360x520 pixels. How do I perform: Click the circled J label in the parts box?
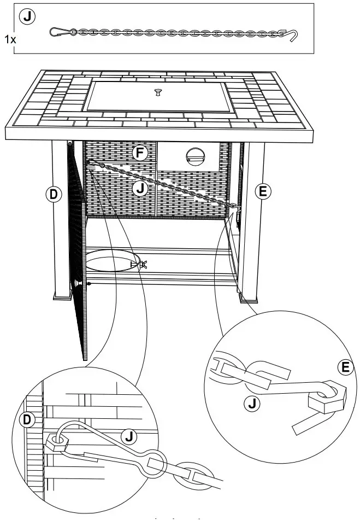pyautogui.click(x=27, y=17)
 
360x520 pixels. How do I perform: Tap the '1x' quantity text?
pyautogui.click(x=9, y=39)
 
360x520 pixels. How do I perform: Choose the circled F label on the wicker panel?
pyautogui.click(x=140, y=153)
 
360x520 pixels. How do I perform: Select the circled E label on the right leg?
pyautogui.click(x=263, y=191)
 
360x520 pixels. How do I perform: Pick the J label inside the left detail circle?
pyautogui.click(x=129, y=436)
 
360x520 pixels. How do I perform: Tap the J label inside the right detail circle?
pyautogui.click(x=251, y=404)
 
